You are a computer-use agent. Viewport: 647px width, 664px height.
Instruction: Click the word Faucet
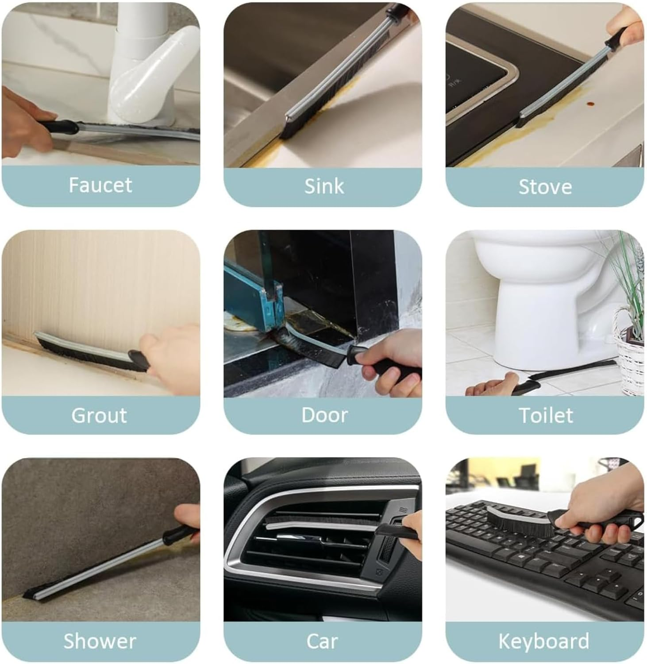(x=100, y=185)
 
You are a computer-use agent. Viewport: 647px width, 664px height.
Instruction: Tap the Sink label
(x=324, y=186)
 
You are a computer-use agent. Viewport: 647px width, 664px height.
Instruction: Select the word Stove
(x=545, y=186)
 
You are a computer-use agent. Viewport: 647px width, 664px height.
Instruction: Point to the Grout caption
(x=99, y=415)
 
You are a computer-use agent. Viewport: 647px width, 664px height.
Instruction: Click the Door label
(x=324, y=415)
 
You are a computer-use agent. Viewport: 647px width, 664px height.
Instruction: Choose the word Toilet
(x=545, y=415)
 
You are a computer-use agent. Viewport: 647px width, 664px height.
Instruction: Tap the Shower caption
(x=100, y=641)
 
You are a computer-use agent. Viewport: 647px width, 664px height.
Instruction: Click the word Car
(x=322, y=641)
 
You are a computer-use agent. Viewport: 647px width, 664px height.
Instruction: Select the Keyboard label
(x=544, y=641)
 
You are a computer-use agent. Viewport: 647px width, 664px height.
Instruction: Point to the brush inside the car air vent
(x=323, y=521)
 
